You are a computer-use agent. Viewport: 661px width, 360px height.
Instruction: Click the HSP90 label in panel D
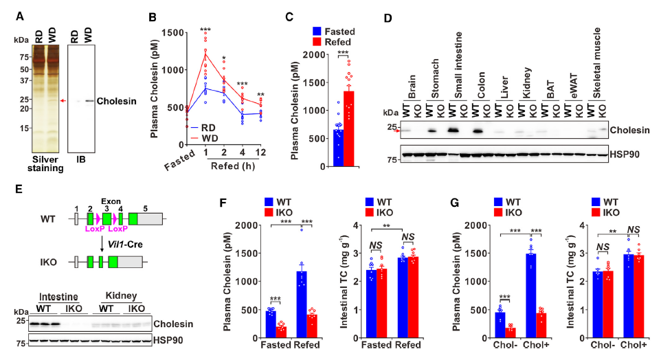pyautogui.click(x=626, y=153)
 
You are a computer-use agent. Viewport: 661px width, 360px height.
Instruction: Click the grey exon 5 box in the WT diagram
pyautogui.click(x=150, y=219)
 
